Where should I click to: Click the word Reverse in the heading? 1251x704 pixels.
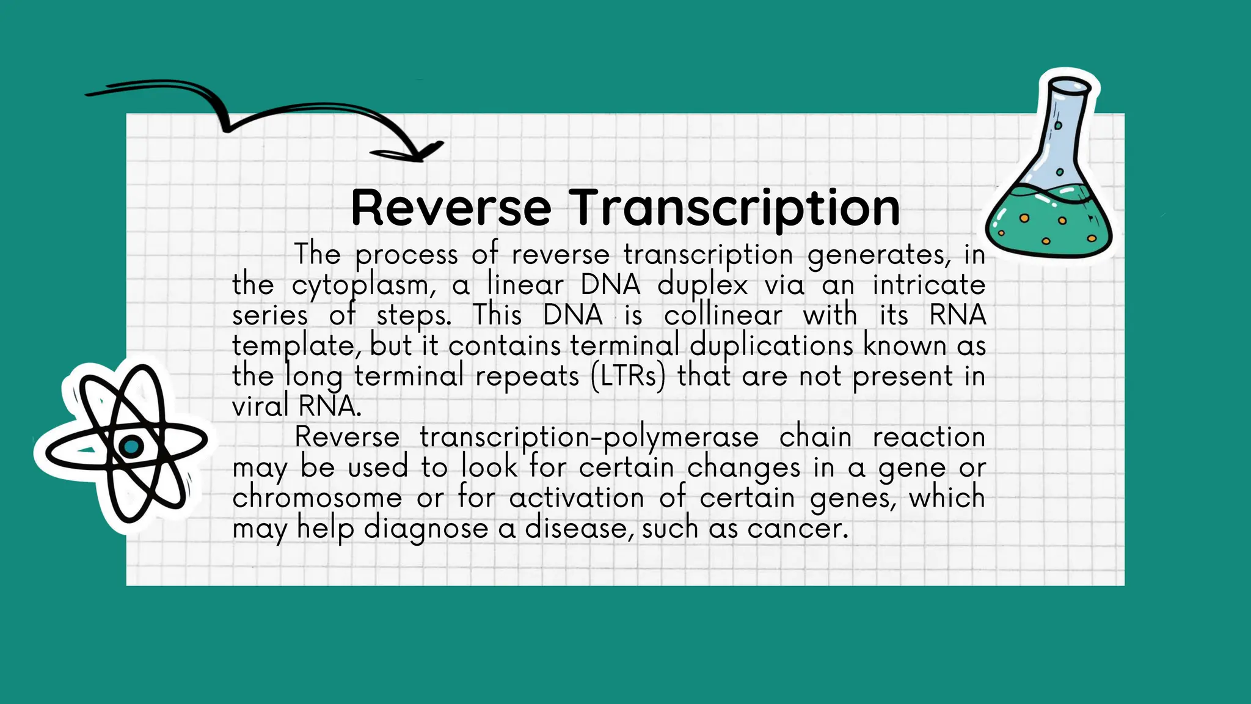(x=451, y=208)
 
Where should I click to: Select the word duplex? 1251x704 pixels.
(x=702, y=285)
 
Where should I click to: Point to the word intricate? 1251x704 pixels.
(x=928, y=285)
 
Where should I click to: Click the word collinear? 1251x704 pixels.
(x=723, y=315)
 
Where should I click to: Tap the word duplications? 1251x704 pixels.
(x=771, y=345)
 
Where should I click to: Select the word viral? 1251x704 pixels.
(x=260, y=406)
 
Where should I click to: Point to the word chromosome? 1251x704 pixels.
(x=317, y=497)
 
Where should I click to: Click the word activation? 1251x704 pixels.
(x=576, y=497)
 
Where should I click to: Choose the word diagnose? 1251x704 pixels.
(x=426, y=529)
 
